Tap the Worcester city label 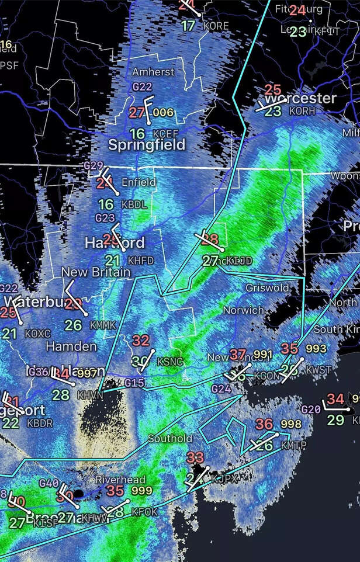pos(300,98)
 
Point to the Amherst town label pos(153,72)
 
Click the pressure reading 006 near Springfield pos(163,112)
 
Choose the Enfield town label pos(139,182)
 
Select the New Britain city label pos(89,272)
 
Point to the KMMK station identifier pos(103,325)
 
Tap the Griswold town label pos(267,288)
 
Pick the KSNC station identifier pos(169,362)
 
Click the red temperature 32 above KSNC pos(141,341)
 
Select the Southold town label pos(169,438)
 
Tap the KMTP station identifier pos(293,446)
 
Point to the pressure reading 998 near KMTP pos(290,424)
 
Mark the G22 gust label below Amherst pos(142,86)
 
